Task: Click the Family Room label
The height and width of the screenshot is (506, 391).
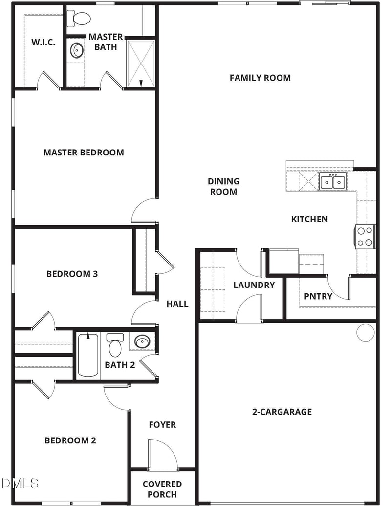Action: coord(260,78)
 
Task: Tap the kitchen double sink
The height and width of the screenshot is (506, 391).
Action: coord(333,182)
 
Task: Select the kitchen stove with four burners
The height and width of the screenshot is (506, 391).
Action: coord(365,237)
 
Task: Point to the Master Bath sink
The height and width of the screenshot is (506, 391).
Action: coord(77,50)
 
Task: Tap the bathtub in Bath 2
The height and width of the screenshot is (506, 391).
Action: coord(88,355)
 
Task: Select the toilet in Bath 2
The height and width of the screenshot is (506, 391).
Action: coord(115,346)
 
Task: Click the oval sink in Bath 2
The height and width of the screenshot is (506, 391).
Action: coord(142,341)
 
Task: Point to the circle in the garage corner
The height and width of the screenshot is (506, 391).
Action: coord(365,332)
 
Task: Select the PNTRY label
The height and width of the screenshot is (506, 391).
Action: coord(318,296)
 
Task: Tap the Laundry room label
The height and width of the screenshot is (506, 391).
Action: coord(254,285)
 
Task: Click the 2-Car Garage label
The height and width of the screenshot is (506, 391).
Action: coord(282,412)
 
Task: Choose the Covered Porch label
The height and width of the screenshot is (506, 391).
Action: coord(162,489)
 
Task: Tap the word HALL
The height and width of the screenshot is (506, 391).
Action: coord(177,304)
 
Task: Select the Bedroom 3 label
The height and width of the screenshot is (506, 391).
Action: coord(72,274)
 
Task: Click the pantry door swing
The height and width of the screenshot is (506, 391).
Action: coord(339,288)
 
